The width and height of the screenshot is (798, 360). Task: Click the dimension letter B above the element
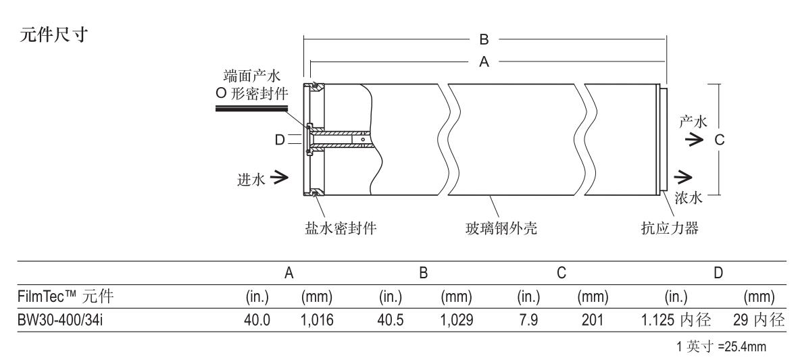coord(483,38)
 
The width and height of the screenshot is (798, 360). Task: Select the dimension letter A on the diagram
coord(483,61)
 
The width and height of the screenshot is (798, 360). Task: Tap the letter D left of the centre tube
coord(279,140)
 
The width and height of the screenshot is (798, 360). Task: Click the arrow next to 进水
coord(279,178)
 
